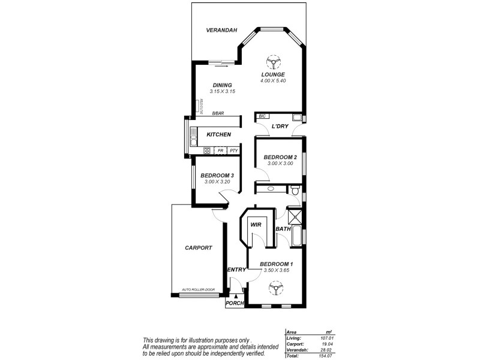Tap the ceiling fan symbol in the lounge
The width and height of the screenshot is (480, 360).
click(273, 62)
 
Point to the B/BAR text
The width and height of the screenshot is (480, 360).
click(218, 113)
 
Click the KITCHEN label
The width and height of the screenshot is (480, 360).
click(219, 134)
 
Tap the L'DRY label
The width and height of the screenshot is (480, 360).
click(280, 127)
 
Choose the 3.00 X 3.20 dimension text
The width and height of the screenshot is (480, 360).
click(217, 182)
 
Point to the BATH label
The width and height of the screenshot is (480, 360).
click(283, 229)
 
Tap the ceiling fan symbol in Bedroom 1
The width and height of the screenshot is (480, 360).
click(276, 290)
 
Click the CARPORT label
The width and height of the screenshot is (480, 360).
click(198, 247)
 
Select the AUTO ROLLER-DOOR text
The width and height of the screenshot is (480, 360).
click(198, 290)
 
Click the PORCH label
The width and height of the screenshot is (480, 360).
click(235, 304)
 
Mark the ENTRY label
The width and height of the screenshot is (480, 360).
click(236, 270)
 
